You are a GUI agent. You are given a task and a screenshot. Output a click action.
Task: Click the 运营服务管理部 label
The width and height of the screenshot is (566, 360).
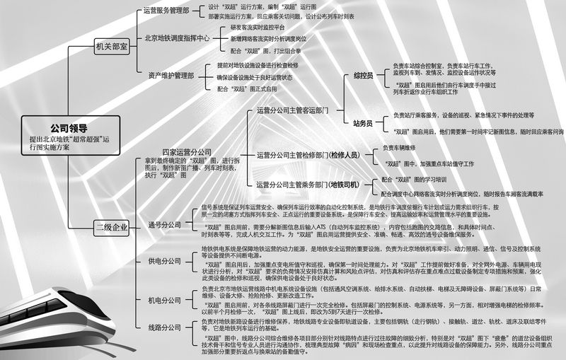click(x=168, y=11)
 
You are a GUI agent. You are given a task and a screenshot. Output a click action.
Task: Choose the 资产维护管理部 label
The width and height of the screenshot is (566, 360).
click(x=171, y=74)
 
